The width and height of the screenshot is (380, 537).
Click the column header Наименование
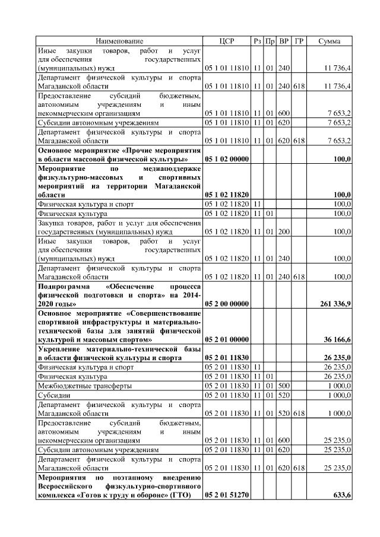click(119, 41)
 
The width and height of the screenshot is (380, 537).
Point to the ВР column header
click(284, 41)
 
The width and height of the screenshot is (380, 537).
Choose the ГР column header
click(299, 41)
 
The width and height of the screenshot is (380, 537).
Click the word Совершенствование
click(165, 313)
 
